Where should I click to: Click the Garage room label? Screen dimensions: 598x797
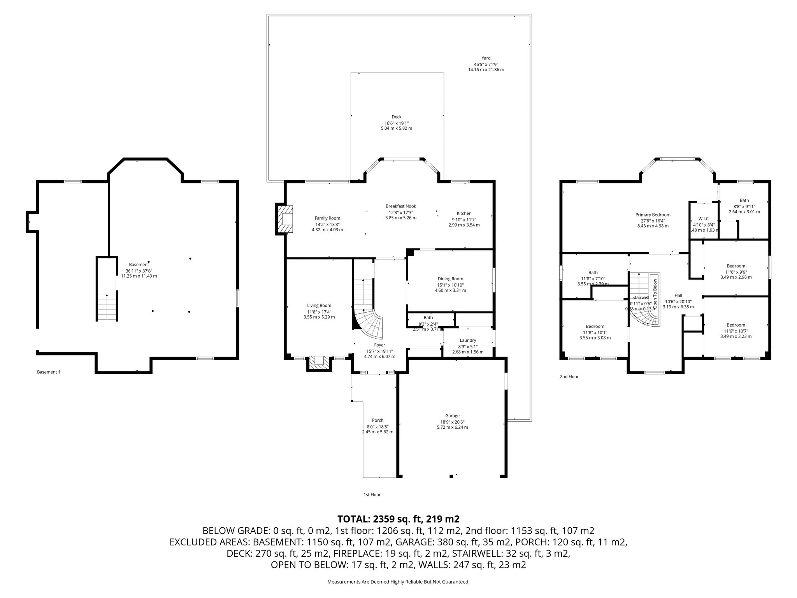pos(452,415)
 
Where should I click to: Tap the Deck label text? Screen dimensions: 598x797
pos(396,117)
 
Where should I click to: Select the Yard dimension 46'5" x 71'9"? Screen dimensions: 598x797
pos(486,64)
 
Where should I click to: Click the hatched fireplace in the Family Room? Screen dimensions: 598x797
pos(285,220)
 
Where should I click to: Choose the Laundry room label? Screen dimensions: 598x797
pos(468,340)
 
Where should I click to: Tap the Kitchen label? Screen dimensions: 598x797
pos(464,213)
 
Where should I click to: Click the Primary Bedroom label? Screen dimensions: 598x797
pos(653,215)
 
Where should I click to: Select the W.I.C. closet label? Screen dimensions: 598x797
pos(704,218)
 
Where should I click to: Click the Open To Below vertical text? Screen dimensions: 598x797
pos(655,292)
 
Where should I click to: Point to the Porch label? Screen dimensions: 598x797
pos(377,420)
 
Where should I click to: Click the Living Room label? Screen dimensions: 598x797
pos(319,306)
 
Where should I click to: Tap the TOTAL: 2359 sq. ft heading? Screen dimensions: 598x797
pos(398,519)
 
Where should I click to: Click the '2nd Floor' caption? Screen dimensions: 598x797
pos(569,376)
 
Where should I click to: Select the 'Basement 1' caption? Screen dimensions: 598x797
pos(49,372)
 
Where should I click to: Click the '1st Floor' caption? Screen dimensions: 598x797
pos(372,494)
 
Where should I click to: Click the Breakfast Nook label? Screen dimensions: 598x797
pos(400,206)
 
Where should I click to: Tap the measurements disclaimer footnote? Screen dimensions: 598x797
pos(398,582)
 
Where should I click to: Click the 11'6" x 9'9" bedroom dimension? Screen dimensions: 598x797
pos(736,272)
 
